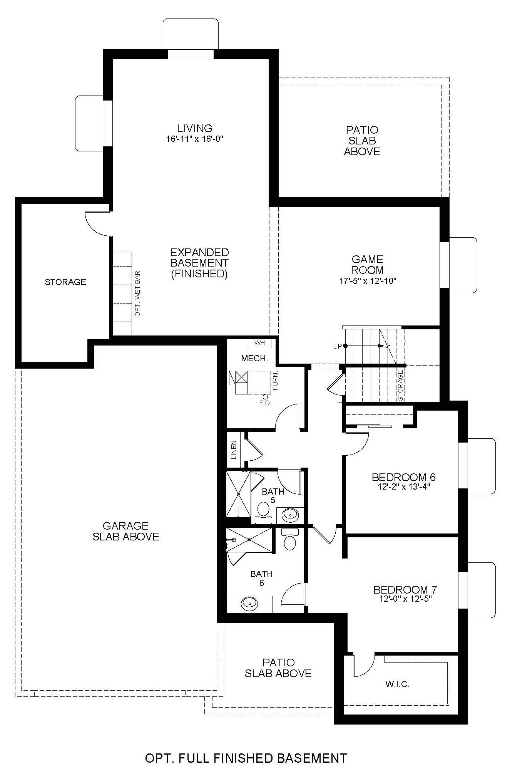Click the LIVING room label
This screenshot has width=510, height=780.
click(195, 128)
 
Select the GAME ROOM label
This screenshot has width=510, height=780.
click(367, 265)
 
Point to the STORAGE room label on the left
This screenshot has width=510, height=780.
click(65, 282)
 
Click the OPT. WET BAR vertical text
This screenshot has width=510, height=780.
click(137, 294)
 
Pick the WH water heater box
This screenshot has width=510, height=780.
click(259, 343)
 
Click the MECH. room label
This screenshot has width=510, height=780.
click(254, 359)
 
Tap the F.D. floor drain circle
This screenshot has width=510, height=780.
click(265, 396)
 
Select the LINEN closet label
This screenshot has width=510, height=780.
click(234, 450)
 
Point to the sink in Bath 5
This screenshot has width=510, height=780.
click(289, 514)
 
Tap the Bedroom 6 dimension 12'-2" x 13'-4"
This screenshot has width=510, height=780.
click(404, 486)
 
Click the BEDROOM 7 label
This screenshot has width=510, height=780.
click(405, 590)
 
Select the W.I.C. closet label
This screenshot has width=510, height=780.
click(397, 684)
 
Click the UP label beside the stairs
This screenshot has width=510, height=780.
click(338, 346)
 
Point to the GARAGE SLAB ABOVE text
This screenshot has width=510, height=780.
click(126, 531)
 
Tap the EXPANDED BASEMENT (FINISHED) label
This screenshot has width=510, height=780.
click(199, 263)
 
